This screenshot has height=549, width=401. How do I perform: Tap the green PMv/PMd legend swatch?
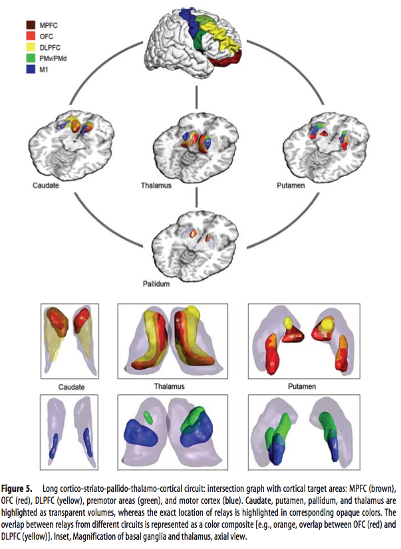tap(30, 57)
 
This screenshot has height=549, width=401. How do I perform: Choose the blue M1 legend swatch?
tap(30, 68)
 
